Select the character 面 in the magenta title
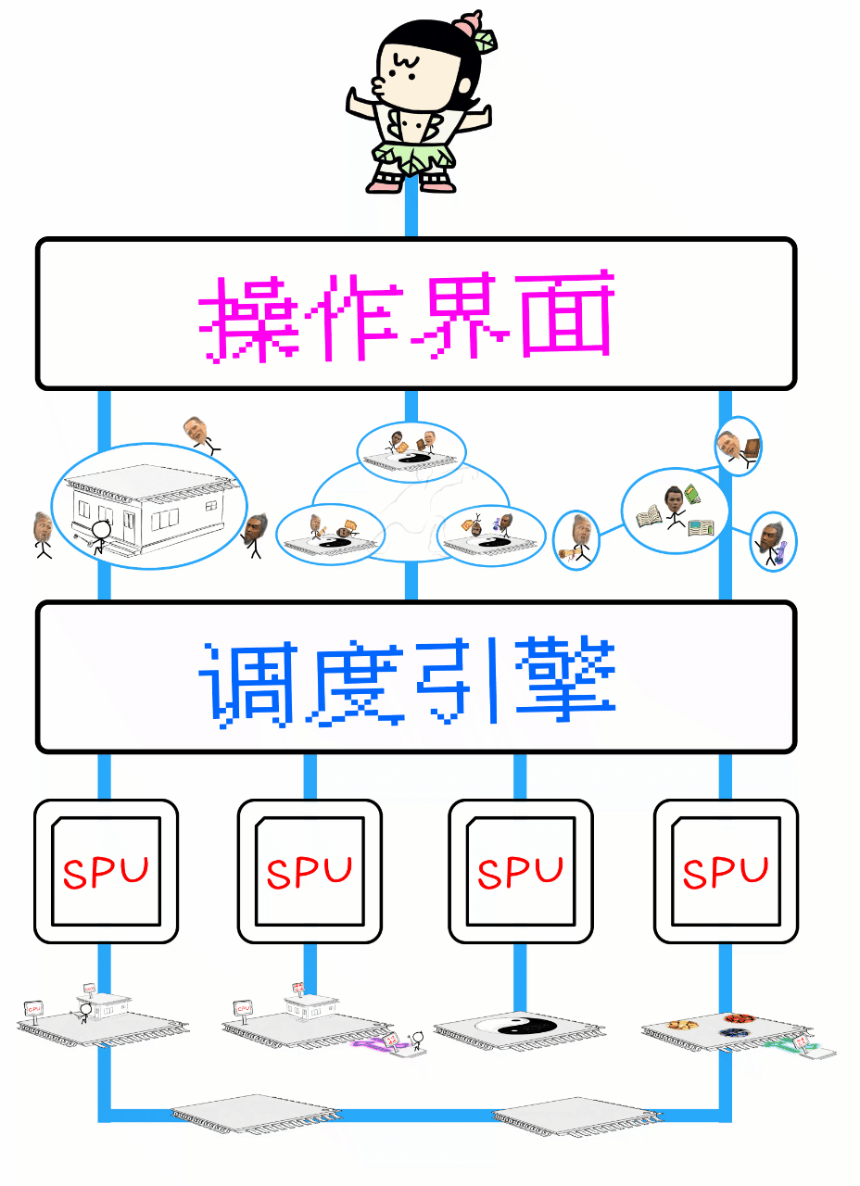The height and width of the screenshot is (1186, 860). pos(567,315)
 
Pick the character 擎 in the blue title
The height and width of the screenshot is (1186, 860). pos(567,678)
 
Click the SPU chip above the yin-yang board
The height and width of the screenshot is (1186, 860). pos(521,871)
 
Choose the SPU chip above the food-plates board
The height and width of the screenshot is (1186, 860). pos(726,871)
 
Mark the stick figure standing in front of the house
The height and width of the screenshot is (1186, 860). pos(100,536)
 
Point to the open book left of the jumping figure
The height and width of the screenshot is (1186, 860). pos(647,515)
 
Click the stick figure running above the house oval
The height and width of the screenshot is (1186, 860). pos(198,433)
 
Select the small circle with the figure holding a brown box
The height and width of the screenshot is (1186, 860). pos(739,445)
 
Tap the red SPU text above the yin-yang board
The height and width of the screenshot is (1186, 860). pos(521,872)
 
